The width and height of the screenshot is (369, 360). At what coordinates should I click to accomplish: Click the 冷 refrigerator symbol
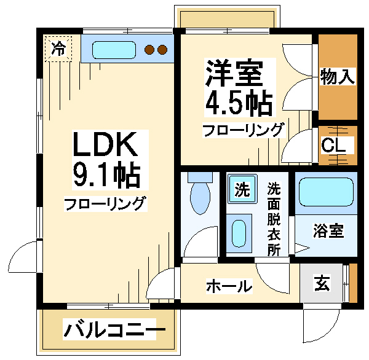click(x=58, y=49)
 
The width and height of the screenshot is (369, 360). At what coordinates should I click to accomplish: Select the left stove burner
click(x=149, y=50)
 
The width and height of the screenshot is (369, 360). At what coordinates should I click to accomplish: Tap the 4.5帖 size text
click(x=239, y=103)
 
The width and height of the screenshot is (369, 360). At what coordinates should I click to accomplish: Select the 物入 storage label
click(x=338, y=77)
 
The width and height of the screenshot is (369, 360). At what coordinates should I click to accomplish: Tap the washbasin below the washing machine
click(x=239, y=233)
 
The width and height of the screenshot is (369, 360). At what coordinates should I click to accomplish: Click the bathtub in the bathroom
click(x=326, y=193)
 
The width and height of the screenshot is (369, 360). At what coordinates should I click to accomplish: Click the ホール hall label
click(x=229, y=286)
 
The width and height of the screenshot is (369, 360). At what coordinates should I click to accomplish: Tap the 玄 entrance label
click(x=322, y=284)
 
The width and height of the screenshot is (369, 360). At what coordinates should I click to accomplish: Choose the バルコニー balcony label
click(x=114, y=331)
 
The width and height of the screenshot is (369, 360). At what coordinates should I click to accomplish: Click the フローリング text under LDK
click(x=105, y=203)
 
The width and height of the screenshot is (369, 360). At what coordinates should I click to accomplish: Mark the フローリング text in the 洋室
click(x=244, y=130)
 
